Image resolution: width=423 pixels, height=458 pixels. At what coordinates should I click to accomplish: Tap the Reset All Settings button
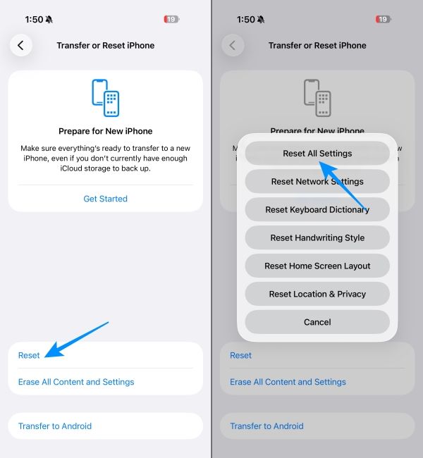(317, 153)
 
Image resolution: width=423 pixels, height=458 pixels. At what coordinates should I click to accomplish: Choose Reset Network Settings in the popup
(317, 181)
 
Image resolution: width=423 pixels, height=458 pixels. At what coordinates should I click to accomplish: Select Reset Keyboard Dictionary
(317, 209)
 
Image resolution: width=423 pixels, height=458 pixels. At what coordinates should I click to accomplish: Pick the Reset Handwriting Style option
(317, 237)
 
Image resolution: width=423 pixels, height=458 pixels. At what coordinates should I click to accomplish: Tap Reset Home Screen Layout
(317, 266)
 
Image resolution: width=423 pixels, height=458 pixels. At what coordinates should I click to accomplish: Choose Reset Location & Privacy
(317, 294)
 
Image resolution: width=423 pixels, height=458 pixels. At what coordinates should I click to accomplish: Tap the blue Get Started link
(106, 199)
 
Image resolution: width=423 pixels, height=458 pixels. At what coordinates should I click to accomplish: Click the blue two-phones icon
(106, 98)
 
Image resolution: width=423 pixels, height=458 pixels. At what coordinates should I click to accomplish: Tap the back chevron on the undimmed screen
(20, 45)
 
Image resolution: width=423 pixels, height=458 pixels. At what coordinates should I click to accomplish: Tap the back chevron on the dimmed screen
(232, 45)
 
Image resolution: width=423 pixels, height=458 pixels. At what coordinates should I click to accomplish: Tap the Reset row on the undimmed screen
(30, 355)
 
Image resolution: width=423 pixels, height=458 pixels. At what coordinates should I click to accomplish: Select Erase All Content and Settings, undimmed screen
(76, 382)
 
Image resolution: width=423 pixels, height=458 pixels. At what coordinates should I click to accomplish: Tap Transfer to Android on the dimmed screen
(266, 426)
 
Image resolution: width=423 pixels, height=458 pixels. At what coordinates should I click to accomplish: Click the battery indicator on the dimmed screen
(384, 20)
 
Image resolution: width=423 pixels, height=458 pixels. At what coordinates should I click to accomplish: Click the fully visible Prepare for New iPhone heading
(106, 131)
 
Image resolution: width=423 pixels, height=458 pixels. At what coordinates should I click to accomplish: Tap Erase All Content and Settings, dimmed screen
(288, 382)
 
